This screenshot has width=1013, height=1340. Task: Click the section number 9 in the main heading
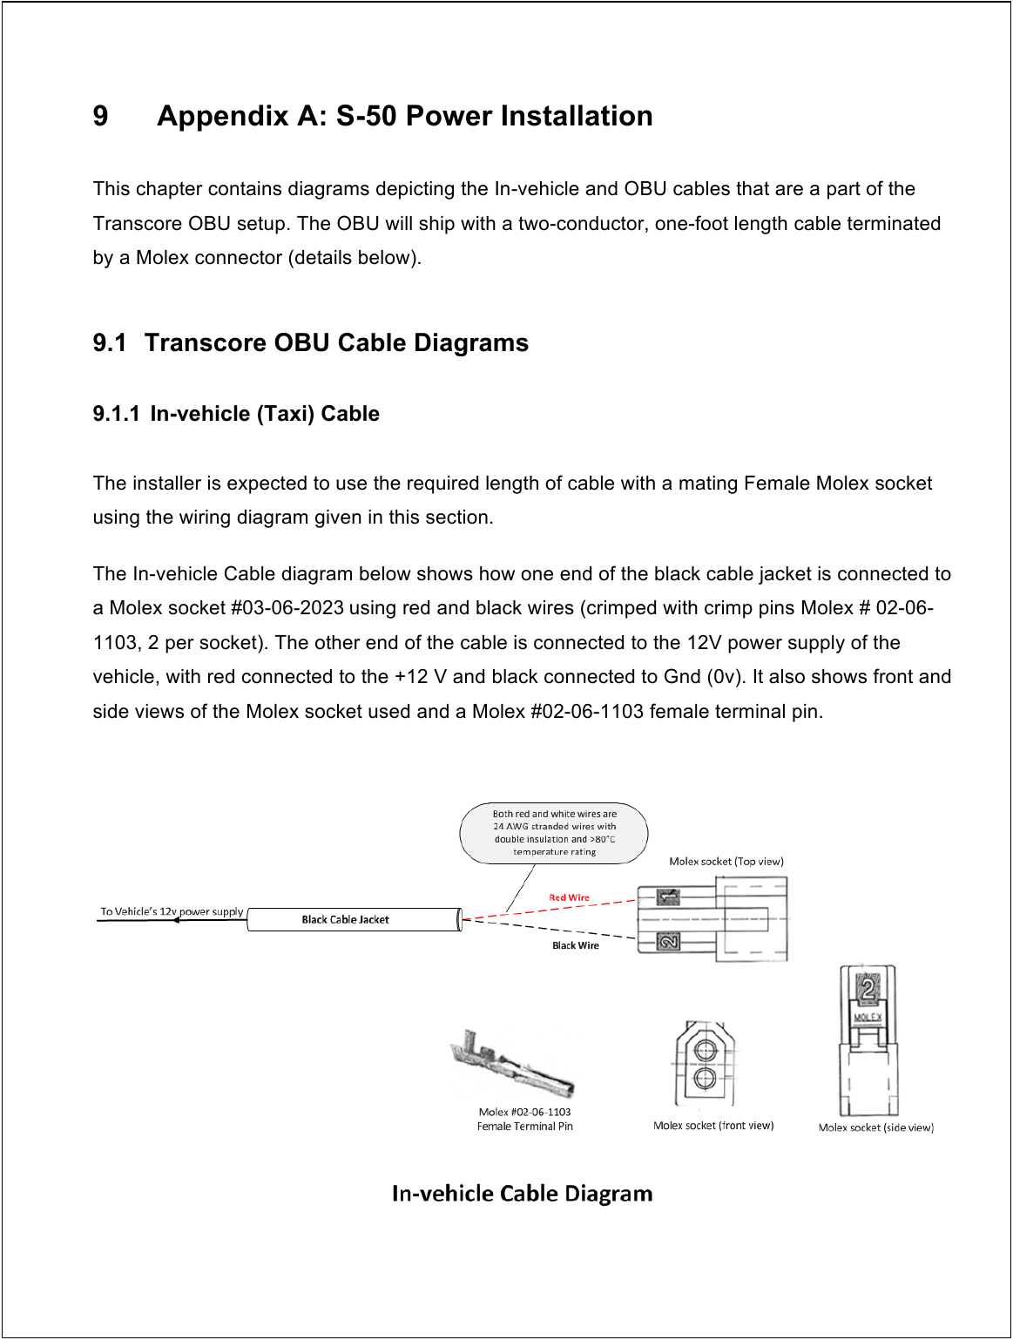coord(101,116)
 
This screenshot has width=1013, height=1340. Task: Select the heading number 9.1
coord(110,342)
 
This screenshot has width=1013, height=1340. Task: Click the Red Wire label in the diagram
coord(569,897)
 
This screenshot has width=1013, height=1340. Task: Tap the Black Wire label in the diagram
coord(576,945)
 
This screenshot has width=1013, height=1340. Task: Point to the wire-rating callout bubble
coord(554,833)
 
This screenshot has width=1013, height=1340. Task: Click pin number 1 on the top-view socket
coord(668,897)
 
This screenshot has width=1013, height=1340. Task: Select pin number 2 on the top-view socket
coord(668,942)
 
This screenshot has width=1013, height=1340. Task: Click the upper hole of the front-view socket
coord(704,1048)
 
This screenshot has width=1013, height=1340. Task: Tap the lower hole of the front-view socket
coord(704,1079)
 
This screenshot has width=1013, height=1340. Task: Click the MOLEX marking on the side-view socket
coord(868,1017)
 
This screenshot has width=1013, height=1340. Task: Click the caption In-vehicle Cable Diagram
coord(522,1194)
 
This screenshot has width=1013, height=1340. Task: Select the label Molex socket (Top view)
coord(726,862)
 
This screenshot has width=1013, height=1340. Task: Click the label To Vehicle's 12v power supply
coord(172,911)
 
